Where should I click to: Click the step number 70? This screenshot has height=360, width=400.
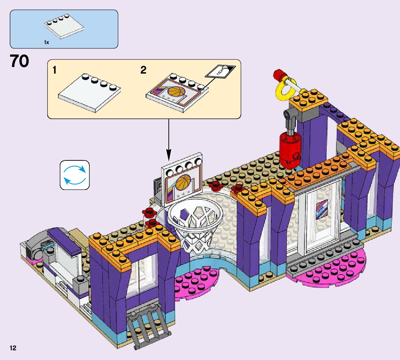click(x=19, y=62)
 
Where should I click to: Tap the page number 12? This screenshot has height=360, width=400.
click(x=13, y=348)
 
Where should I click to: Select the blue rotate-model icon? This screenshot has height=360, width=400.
click(x=75, y=175)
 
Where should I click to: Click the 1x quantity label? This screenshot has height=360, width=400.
click(x=47, y=42)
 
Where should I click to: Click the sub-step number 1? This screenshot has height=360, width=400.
click(x=54, y=70)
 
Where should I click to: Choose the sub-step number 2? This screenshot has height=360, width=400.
click(x=143, y=70)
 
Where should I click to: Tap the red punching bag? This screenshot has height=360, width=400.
click(x=289, y=149)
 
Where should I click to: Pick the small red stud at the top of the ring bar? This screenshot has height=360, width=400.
click(x=278, y=74)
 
